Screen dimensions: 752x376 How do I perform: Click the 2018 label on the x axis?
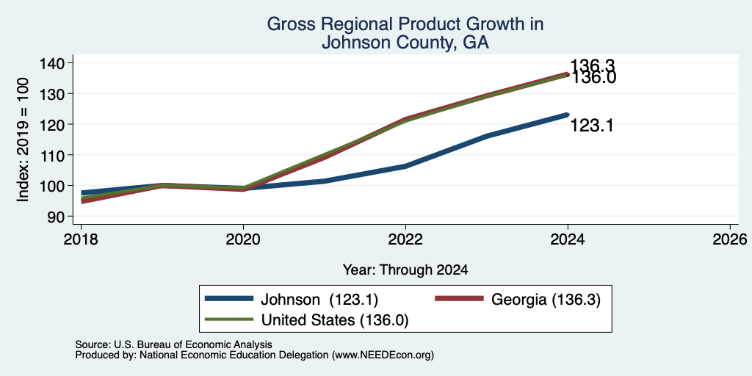pyautogui.click(x=81, y=239)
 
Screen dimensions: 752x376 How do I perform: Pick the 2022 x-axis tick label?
pyautogui.click(x=405, y=239)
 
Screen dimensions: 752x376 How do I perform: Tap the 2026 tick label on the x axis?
pyautogui.click(x=730, y=239)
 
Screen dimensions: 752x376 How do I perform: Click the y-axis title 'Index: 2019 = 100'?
pyautogui.click(x=23, y=140)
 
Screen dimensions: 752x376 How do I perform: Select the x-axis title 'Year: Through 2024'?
pyautogui.click(x=405, y=270)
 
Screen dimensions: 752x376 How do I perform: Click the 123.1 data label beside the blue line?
pyautogui.click(x=592, y=126)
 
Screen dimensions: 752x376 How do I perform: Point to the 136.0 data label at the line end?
pyautogui.click(x=593, y=78)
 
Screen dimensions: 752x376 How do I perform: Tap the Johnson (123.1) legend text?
pyautogui.click(x=319, y=300)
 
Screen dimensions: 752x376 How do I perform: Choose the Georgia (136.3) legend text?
pyautogui.click(x=546, y=300)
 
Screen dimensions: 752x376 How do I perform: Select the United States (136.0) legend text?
pyautogui.click(x=334, y=320)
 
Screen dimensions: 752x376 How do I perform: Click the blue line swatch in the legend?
pyautogui.click(x=228, y=299)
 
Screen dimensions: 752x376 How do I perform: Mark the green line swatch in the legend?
pyautogui.click(x=228, y=319)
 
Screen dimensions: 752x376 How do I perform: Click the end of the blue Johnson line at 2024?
pyautogui.click(x=568, y=115)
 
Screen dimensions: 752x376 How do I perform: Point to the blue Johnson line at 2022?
pyautogui.click(x=405, y=167)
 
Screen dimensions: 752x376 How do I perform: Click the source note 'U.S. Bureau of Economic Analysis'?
pyautogui.click(x=193, y=344)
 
